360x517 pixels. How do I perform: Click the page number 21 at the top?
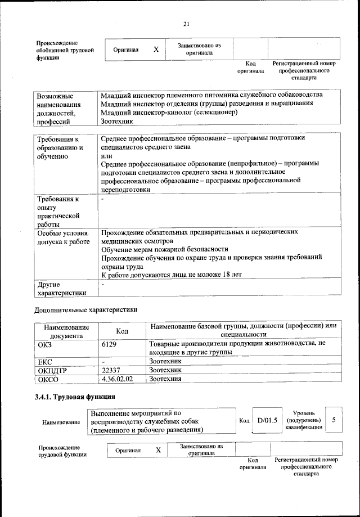pos(186,23)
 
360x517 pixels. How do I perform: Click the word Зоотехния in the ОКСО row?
pos(165,379)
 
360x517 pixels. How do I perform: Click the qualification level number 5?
pos(334,420)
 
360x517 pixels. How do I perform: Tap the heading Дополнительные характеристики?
pos(85,309)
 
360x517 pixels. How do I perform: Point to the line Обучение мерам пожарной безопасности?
pos(164,249)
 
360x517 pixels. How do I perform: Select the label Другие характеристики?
pos(61,288)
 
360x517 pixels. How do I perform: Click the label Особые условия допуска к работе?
pos(62,236)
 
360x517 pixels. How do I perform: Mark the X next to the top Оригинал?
pos(156,50)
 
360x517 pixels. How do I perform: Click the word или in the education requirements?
pos(106,155)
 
